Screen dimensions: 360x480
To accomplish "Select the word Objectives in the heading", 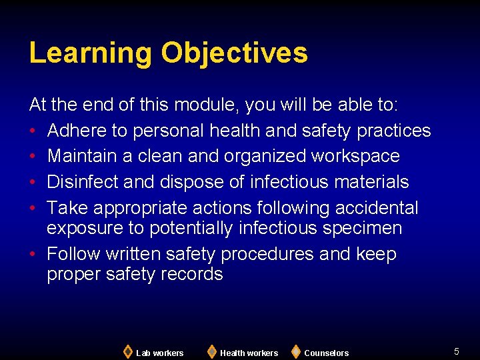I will (x=234, y=53).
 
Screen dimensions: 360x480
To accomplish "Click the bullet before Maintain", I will (x=33, y=157).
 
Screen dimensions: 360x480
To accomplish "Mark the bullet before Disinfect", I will (x=33, y=183).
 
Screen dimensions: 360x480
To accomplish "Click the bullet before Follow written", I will (x=33, y=255).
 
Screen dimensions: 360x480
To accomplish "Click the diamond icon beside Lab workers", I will (x=127, y=351).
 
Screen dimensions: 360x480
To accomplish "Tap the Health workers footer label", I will (x=249, y=353).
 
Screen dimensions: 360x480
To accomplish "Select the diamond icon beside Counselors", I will (x=295, y=351).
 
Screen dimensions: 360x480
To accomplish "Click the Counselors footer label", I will (x=326, y=353).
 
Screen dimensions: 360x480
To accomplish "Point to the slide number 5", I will (x=457, y=351).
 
